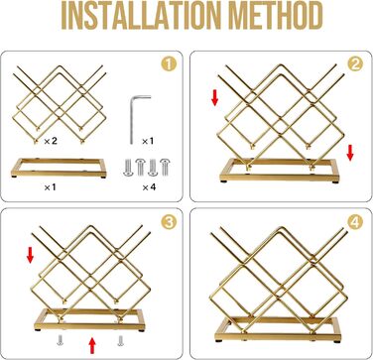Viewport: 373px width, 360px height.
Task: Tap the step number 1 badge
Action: [169, 64]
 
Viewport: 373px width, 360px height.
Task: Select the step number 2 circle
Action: [355, 64]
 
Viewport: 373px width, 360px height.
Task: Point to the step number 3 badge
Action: [169, 222]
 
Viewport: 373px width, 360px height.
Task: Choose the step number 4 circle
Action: [355, 222]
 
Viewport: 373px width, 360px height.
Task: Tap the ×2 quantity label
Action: [51, 141]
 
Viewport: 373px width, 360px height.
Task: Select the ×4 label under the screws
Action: [149, 187]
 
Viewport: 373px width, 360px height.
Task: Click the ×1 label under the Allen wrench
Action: [148, 141]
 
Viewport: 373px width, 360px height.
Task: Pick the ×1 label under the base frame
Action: [50, 187]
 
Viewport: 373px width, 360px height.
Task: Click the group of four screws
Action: [146, 168]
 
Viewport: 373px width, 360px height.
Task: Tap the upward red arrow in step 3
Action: [92, 345]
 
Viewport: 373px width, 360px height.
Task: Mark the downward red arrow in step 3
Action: [31, 256]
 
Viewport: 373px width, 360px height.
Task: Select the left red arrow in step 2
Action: [215, 97]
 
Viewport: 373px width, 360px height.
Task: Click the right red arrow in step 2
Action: [350, 153]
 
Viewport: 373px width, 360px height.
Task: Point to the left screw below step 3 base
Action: [60, 340]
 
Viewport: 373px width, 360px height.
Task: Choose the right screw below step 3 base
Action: [120, 340]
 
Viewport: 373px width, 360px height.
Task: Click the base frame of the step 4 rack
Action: [278, 331]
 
